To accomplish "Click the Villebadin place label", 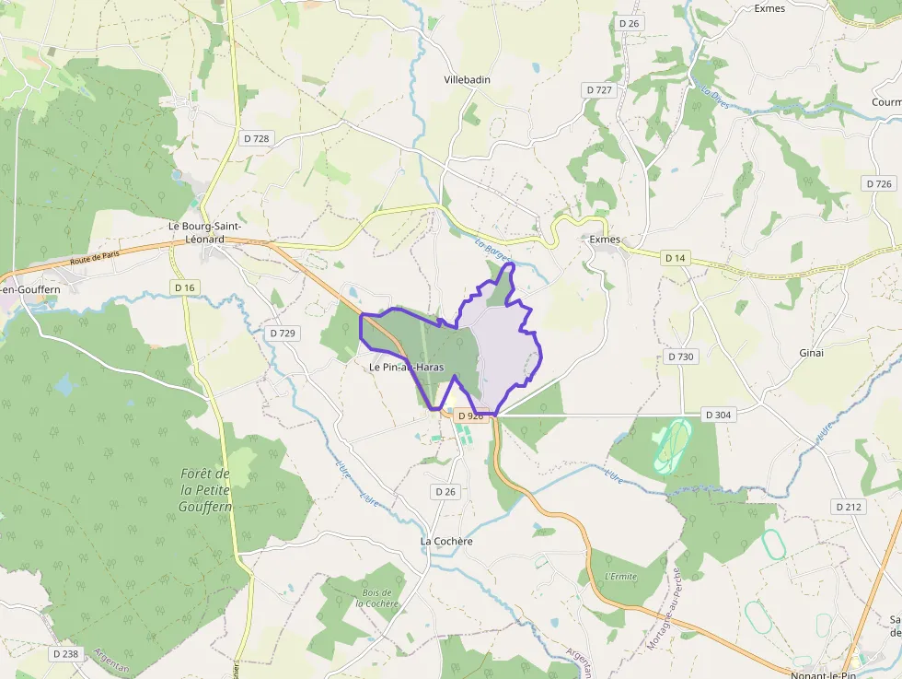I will (x=467, y=80).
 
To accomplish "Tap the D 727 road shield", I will (x=598, y=89).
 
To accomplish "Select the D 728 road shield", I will (x=257, y=138).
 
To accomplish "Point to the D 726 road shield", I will (x=879, y=184).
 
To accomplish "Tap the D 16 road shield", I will (x=185, y=287).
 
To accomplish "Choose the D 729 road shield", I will (x=283, y=333).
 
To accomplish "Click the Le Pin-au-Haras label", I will (x=406, y=368).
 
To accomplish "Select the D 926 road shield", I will (x=470, y=416).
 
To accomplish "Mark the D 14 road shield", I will (x=676, y=258).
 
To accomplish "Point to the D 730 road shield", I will (x=680, y=357).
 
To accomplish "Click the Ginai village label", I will (x=812, y=353).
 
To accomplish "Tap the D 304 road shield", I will (x=718, y=415).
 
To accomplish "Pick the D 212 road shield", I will (x=848, y=507).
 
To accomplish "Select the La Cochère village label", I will (x=446, y=541).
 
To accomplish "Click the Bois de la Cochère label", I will (x=378, y=598).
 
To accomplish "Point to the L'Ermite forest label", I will (x=621, y=577).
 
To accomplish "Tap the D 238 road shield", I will (x=66, y=653).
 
